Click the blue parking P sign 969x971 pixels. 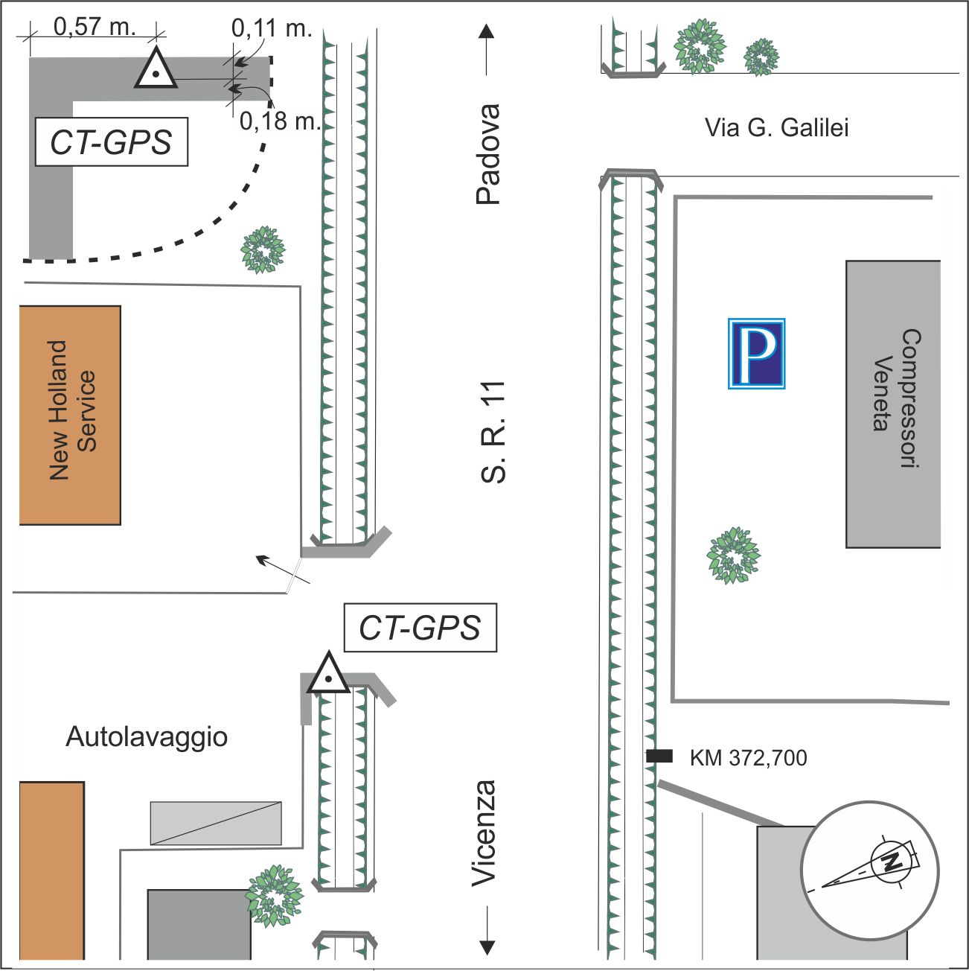(756, 353)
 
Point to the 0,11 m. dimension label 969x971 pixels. (272, 28)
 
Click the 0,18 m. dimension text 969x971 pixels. (280, 121)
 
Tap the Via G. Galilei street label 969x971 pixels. (776, 127)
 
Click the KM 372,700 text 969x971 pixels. (749, 758)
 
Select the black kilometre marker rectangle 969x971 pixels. (659, 756)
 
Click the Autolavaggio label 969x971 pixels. (147, 736)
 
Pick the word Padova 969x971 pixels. (487, 154)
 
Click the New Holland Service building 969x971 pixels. (70, 416)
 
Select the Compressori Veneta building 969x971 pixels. (893, 404)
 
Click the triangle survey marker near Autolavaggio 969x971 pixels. (328, 673)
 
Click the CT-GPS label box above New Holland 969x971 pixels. (112, 141)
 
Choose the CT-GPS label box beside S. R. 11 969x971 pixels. (420, 627)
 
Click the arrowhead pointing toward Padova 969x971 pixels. (486, 31)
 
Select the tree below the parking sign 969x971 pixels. (733, 555)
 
